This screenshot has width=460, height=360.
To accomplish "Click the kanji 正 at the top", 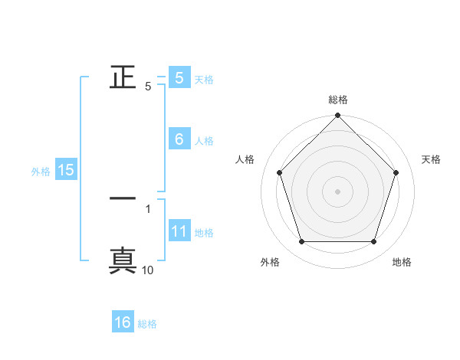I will [x=123, y=78].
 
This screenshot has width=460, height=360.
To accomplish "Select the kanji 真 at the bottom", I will [x=123, y=260].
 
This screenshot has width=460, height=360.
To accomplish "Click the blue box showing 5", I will [x=179, y=78].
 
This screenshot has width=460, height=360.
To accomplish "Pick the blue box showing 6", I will [x=179, y=139].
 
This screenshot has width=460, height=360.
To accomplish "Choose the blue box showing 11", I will [x=179, y=231].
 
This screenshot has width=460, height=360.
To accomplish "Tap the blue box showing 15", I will [x=66, y=170].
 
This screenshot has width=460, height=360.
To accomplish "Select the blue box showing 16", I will [x=123, y=322].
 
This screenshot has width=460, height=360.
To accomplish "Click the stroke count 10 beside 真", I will [x=148, y=270].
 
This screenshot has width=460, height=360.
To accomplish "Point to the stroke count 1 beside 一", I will [x=148, y=208].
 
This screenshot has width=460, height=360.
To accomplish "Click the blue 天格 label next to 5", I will [x=204, y=80].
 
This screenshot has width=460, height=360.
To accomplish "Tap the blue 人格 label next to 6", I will [x=204, y=141].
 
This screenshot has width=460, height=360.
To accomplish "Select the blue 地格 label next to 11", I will [x=204, y=233].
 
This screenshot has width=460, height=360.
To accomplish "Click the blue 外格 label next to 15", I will [x=41, y=172].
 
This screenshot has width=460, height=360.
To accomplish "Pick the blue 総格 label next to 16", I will [x=147, y=324].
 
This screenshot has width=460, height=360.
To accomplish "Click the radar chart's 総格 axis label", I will [x=338, y=100].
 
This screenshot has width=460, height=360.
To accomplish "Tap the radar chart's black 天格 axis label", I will [x=432, y=159].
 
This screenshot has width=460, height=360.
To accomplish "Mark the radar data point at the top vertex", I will [x=338, y=116].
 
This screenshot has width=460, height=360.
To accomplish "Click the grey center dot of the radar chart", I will [x=338, y=191].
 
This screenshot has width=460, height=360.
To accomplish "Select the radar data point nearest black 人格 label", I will [x=279, y=172].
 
